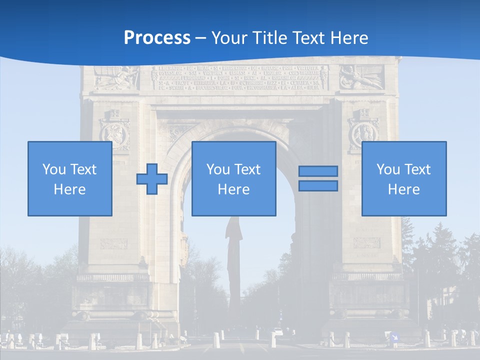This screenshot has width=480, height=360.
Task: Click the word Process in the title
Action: (157, 37)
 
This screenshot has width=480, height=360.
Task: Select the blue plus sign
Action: (152, 178)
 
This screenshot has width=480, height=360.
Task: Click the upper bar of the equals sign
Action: (318, 171)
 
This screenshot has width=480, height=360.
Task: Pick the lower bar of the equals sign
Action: (318, 185)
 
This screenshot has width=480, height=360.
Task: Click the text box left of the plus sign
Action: (69, 178)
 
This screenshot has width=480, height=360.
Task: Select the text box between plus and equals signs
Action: (233, 178)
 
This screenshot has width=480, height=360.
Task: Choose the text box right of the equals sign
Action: (403, 178)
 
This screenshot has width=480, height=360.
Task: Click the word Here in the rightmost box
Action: (403, 189)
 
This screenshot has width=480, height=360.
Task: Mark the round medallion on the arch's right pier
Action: (363, 133)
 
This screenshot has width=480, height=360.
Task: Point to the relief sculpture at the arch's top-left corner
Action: (115, 78)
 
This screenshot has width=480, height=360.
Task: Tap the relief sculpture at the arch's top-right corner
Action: (361, 78)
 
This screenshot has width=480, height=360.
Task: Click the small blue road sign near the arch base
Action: (394, 336)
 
